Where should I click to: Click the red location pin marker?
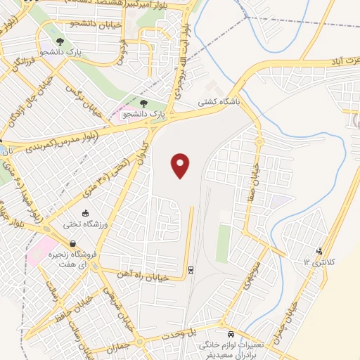[x=181, y=165]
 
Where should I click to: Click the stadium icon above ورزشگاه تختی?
[x=86, y=214]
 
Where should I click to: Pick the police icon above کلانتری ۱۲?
[x=320, y=250]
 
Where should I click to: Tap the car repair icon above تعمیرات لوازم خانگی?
[x=231, y=334]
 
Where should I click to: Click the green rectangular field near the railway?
[x=224, y=243]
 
